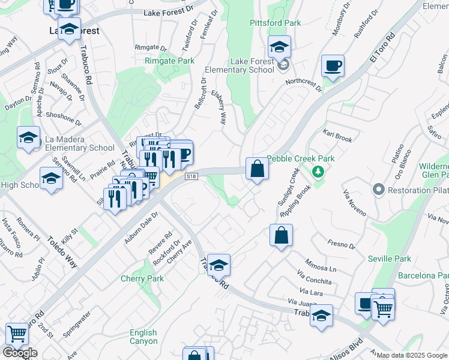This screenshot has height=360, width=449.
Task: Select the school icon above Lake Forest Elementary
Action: point(279,47)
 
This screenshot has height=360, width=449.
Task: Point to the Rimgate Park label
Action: point(169,61)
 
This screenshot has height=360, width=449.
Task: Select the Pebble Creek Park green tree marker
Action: point(318,173)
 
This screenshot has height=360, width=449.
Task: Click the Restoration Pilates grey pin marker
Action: point(378,190)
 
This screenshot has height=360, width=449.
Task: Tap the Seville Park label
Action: point(390,259)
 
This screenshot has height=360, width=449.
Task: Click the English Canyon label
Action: point(143,337)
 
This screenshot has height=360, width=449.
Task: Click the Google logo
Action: point(20,353)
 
